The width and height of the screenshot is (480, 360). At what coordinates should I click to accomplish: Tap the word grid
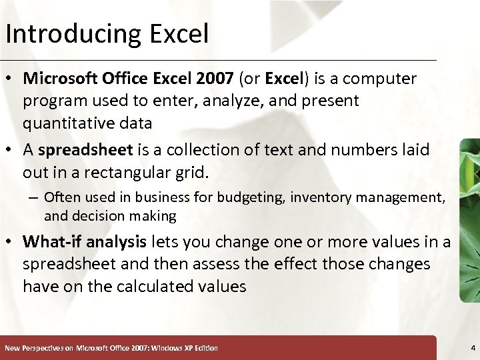click(193, 173)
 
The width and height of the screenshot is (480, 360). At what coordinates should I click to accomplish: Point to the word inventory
click(317, 197)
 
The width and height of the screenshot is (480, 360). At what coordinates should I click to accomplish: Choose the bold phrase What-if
click(51, 241)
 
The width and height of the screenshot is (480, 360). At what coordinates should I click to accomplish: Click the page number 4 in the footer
click(472, 348)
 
